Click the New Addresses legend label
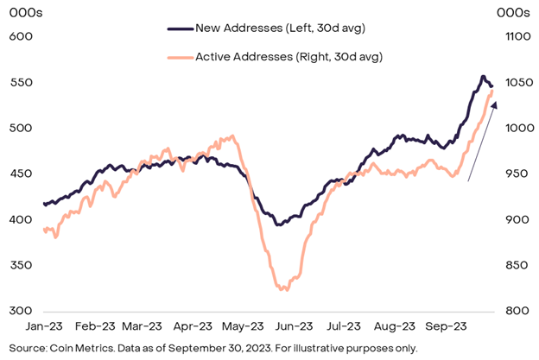[x=280, y=28]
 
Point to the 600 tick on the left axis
[x=20, y=36]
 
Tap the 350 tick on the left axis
[x=20, y=264]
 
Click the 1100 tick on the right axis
[x=511, y=36]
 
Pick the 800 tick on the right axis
[x=510, y=310]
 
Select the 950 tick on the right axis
[x=510, y=174]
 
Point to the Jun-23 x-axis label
[x=293, y=327]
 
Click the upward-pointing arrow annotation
[x=482, y=142]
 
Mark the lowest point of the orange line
[x=284, y=289]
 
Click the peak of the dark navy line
[x=482, y=77]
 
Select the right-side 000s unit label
[x=514, y=11]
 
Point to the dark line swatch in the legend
[x=179, y=28]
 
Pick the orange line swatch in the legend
[x=179, y=57]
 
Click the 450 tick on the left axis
[x=20, y=174]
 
